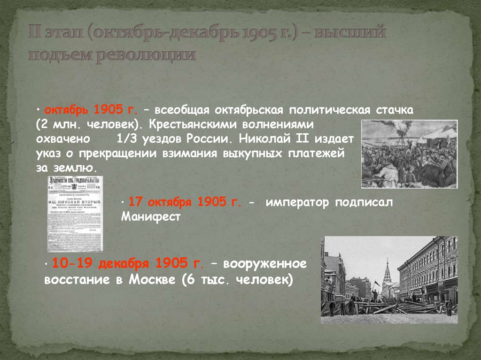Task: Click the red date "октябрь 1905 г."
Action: click(x=91, y=110)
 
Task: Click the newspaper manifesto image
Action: click(x=75, y=214)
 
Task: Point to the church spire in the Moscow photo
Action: click(x=387, y=272)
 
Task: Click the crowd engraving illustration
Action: click(x=409, y=154)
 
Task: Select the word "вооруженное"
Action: click(x=264, y=264)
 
